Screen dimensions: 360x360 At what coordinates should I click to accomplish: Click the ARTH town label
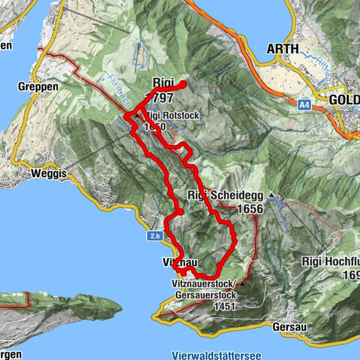click(282, 49)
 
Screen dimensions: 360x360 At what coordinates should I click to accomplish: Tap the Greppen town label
click(32, 85)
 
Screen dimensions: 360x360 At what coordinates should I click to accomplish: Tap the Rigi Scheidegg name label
click(224, 197)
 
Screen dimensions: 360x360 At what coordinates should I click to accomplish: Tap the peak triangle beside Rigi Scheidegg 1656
click(271, 198)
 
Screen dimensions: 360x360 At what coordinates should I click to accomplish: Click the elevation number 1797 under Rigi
click(159, 98)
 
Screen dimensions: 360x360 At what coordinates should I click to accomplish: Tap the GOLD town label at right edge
click(344, 98)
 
